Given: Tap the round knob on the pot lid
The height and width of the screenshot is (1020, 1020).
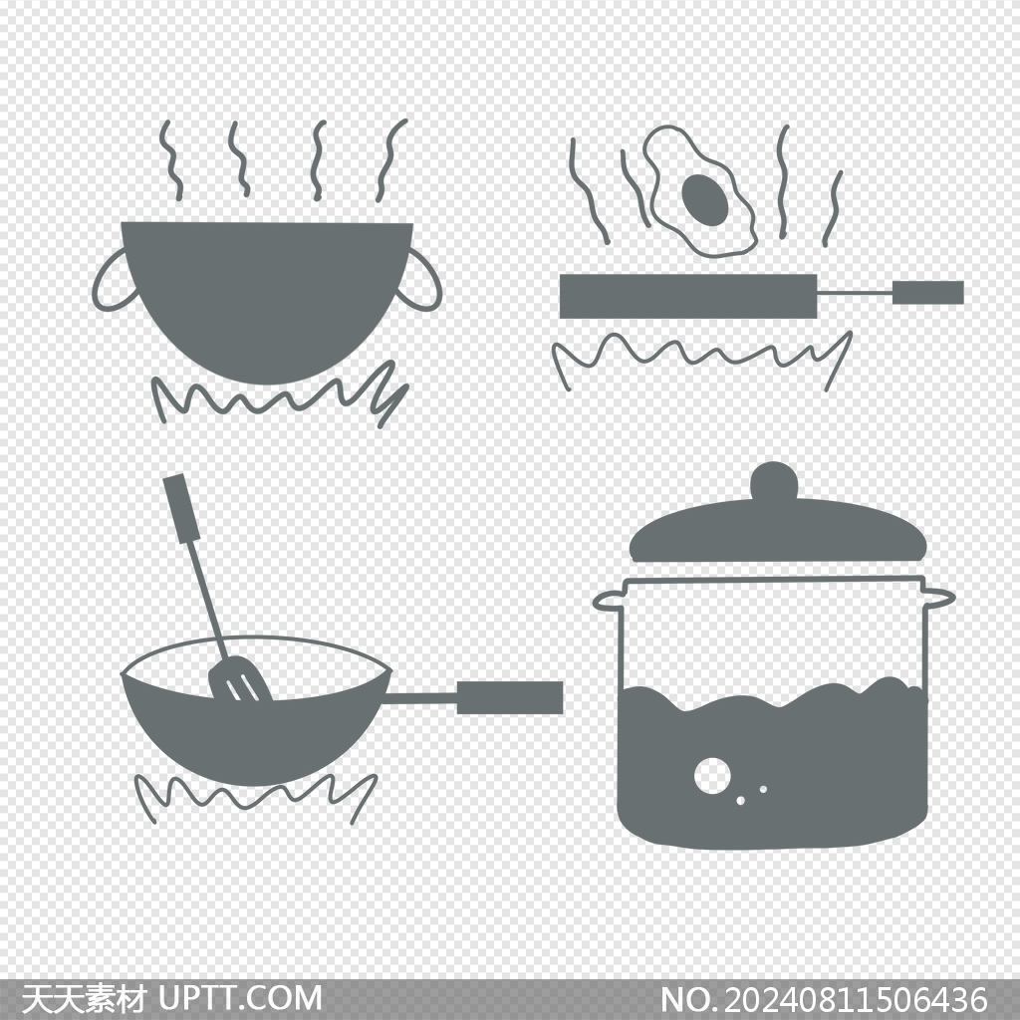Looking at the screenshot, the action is click(x=774, y=481).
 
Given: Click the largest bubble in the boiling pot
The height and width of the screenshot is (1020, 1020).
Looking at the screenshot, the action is click(x=711, y=775).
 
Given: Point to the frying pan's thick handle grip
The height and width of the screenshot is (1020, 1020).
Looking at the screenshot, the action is click(x=927, y=293).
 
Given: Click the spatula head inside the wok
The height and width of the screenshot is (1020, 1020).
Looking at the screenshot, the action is click(x=239, y=678).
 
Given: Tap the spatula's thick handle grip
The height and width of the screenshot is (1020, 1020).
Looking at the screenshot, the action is click(x=182, y=508).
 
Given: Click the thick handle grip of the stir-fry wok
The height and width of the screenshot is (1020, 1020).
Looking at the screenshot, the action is click(x=509, y=698).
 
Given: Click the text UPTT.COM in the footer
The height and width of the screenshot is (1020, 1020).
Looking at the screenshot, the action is click(x=240, y=998).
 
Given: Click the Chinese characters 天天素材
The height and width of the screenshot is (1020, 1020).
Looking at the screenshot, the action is click(x=85, y=998).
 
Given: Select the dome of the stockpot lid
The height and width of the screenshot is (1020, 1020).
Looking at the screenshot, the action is click(x=778, y=529).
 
